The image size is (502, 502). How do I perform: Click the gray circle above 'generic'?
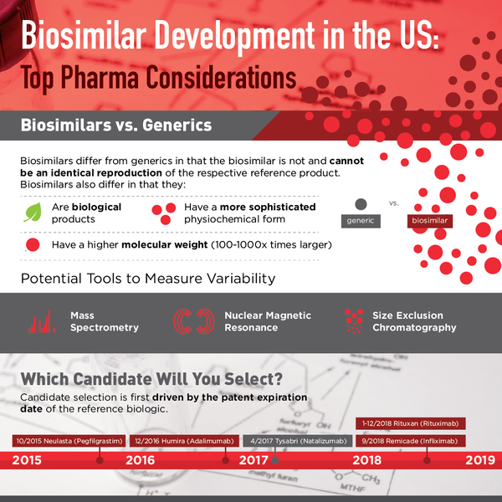click(x=361, y=203)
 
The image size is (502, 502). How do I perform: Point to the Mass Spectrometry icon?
click(x=42, y=322)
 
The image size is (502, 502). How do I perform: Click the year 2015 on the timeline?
click(x=28, y=460)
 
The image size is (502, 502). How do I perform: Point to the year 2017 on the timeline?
click(x=254, y=460)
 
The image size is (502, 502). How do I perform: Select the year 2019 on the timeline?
click(x=479, y=460)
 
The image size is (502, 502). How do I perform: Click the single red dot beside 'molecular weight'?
click(x=33, y=245)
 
